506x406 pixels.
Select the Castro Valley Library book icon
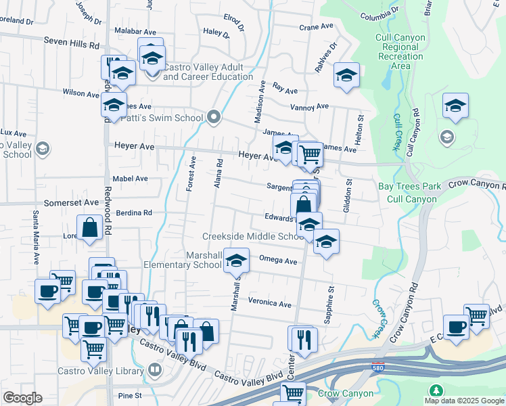[155, 370]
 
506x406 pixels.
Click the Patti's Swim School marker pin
[214, 118]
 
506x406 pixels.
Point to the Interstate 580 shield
[379, 369]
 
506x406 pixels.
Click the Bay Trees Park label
[409, 186]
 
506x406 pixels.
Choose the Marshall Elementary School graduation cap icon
[235, 260]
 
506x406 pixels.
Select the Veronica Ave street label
[269, 304]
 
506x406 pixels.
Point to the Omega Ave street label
[279, 261]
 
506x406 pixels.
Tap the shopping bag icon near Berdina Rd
[89, 228]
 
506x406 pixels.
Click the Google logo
[22, 398]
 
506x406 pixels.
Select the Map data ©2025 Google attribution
[463, 401]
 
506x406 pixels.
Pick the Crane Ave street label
[317, 26]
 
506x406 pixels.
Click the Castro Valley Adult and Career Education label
[208, 72]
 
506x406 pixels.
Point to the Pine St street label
[129, 395]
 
